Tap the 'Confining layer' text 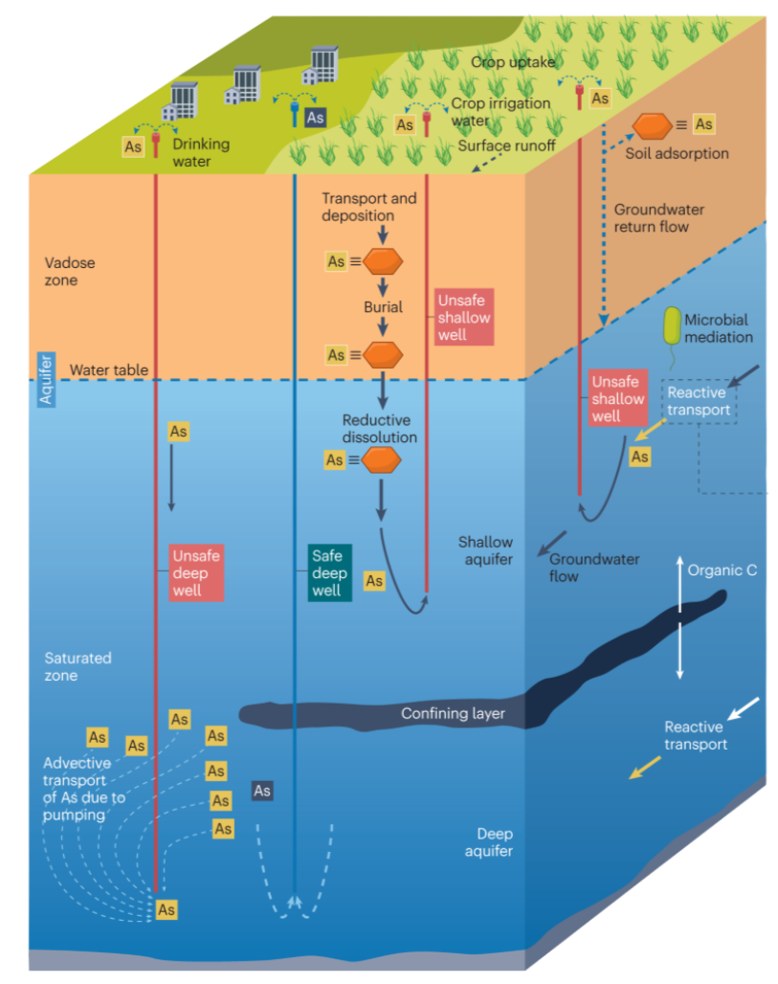pos(453,713)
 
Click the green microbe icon pos(673,327)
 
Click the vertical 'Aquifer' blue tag pos(45,378)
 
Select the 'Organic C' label pos(722,570)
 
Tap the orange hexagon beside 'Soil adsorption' pos(653,124)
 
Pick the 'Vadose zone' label pos(70,271)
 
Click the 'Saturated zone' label pos(78,666)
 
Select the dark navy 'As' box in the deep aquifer pos(261,791)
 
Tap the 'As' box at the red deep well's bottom pos(167,908)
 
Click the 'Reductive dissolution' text pos(378,429)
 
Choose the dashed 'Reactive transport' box pos(698,401)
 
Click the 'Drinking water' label pos(201,152)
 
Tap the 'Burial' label pos(383,307)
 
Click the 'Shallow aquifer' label pos(485,550)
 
